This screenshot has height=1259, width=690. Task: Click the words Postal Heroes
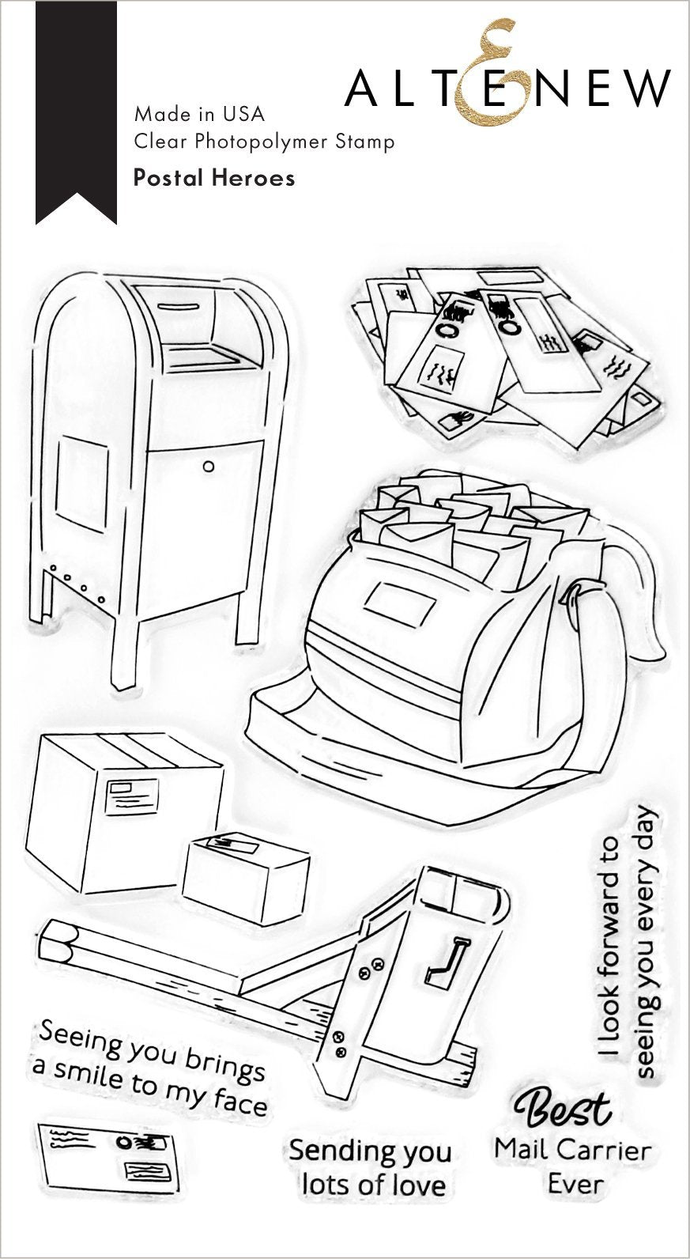click(x=214, y=178)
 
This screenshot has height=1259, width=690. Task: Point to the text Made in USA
click(x=199, y=114)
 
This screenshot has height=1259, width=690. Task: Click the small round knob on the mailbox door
click(x=208, y=467)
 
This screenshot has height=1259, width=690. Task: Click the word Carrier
click(x=608, y=1148)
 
